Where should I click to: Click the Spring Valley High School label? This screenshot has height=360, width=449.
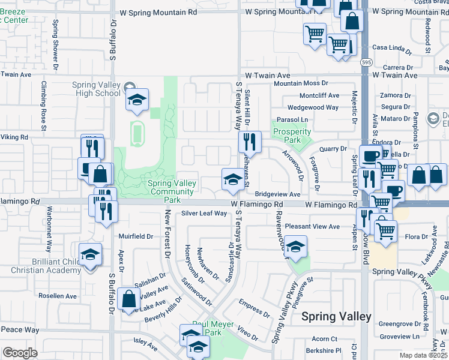[96, 89]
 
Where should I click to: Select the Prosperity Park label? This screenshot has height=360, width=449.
[292, 136]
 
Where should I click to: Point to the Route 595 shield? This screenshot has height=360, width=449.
[365, 62]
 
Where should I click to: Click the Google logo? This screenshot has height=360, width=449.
[20, 353]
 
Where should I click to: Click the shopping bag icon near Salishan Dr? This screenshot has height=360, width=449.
[129, 298]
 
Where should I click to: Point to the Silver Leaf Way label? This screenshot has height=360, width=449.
[204, 213]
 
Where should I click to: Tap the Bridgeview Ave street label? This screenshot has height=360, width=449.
[277, 194]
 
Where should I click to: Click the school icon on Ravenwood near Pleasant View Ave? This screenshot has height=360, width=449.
[295, 247]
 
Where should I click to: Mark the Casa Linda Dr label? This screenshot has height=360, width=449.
[392, 47]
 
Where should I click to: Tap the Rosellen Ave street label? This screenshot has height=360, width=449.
[58, 296]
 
